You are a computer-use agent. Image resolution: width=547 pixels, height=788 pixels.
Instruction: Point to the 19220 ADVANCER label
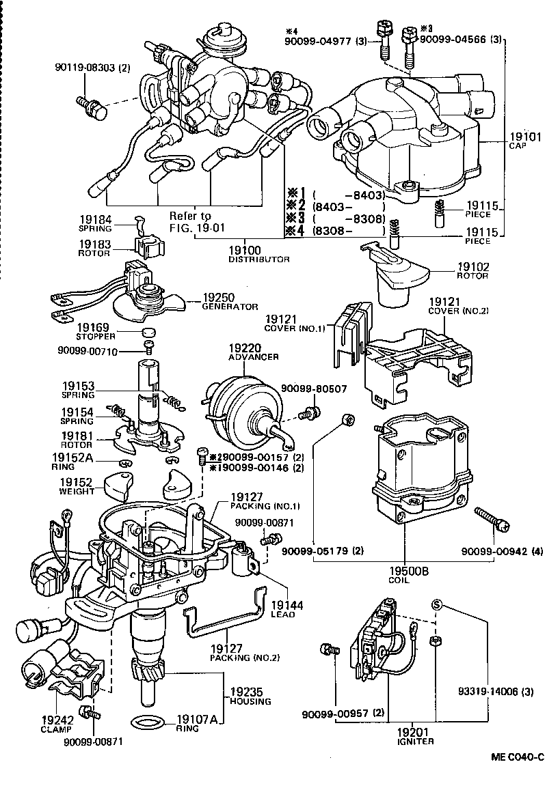[254, 352]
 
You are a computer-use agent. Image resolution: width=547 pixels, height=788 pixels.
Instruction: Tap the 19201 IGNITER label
[415, 735]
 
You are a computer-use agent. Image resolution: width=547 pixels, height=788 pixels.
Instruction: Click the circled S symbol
[436, 605]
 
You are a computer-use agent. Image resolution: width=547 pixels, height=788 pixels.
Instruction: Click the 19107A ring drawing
[147, 720]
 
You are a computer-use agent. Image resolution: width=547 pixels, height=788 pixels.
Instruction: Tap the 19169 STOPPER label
[95, 332]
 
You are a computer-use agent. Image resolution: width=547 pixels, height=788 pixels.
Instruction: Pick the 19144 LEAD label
[282, 608]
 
